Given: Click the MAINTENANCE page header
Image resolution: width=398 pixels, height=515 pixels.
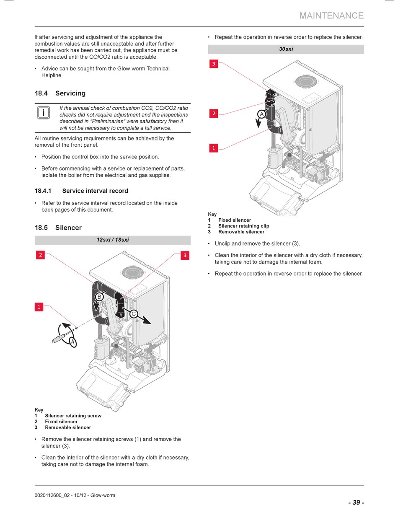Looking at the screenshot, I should [x=331, y=16].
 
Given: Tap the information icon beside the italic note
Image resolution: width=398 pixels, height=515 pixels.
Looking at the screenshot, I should [x=43, y=113].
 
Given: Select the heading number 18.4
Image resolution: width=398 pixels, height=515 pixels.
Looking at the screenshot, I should [x=41, y=93].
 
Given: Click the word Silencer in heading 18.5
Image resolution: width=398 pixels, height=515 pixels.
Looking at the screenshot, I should [x=68, y=228].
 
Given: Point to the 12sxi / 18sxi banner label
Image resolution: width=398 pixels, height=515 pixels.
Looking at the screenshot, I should [x=113, y=240].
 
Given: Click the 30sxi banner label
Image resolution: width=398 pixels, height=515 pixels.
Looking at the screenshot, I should [x=286, y=49].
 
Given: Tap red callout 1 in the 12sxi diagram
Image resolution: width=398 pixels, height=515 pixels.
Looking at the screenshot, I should [x=39, y=307].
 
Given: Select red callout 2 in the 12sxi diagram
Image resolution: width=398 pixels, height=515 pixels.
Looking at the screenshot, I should [x=40, y=255].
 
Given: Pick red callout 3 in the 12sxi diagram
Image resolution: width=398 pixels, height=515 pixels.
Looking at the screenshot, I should [x=185, y=255].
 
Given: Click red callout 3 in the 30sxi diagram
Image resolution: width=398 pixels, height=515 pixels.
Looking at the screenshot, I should [x=214, y=64].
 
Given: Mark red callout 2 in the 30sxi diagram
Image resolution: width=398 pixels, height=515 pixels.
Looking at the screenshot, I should [x=214, y=113].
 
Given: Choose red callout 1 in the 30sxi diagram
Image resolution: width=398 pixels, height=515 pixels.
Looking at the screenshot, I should [x=214, y=148].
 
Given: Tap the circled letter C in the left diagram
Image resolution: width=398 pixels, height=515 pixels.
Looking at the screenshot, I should [x=134, y=314].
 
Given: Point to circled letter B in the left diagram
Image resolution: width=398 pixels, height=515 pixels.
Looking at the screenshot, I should [x=99, y=297].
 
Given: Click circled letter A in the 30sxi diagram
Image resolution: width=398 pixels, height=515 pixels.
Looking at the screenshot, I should [x=261, y=114].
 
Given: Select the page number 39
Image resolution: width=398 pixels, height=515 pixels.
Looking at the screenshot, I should [x=356, y=502].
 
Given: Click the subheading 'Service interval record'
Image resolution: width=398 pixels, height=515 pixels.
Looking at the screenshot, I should [x=95, y=191].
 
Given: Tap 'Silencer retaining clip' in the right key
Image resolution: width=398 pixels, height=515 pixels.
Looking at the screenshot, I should [x=243, y=226].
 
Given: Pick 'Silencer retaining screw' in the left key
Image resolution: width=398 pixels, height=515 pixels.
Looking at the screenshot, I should [x=73, y=416].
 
